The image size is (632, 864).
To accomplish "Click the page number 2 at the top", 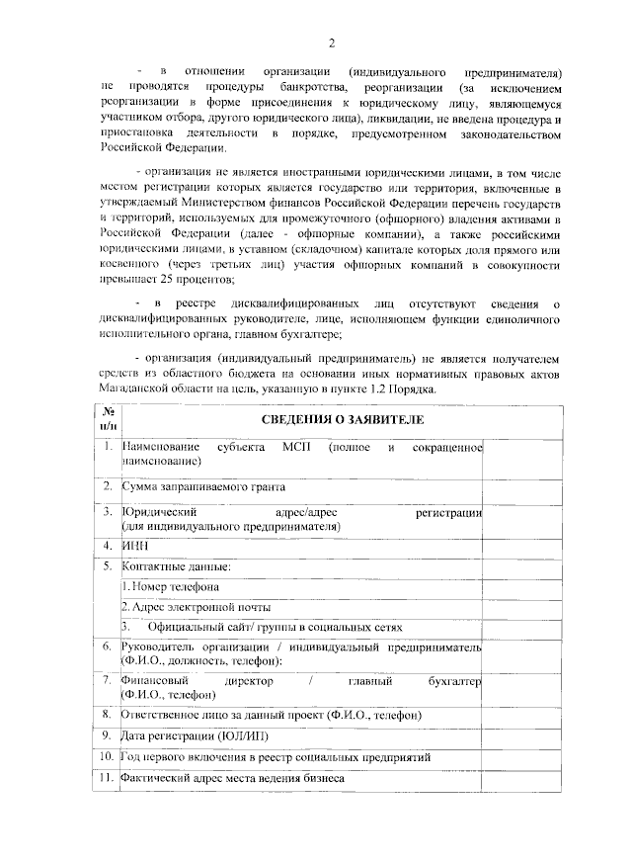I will click(332, 42).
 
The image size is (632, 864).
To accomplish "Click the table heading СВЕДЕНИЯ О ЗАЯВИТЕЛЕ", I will click(342, 419).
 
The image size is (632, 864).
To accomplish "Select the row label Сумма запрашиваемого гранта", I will click(203, 486).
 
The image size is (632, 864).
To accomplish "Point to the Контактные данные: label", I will click(176, 566).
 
